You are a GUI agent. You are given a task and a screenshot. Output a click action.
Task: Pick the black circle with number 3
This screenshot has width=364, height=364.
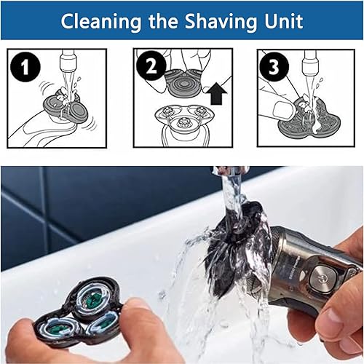pyautogui.click(x=272, y=68)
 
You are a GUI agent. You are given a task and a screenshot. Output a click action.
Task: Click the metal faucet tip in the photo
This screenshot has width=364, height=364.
pyautogui.click(x=230, y=171)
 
